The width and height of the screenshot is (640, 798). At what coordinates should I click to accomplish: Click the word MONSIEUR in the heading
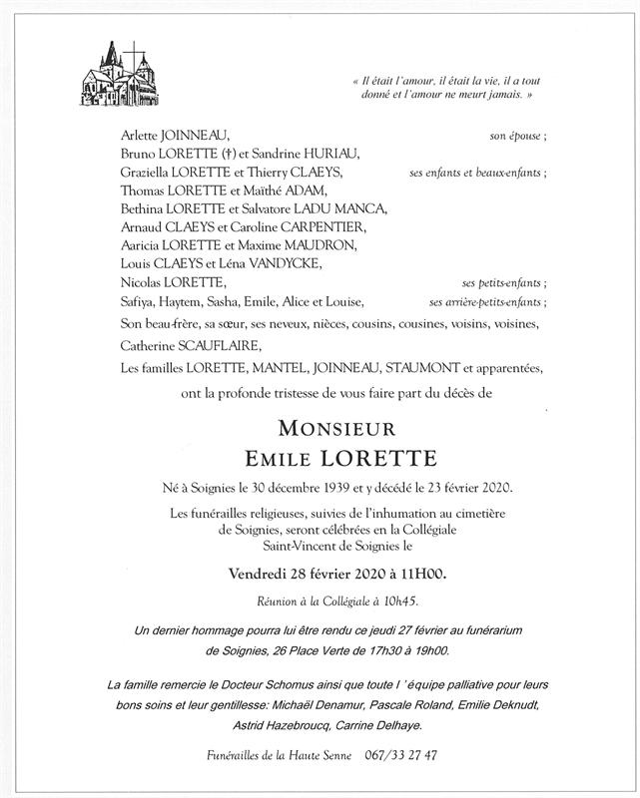pos(318,429)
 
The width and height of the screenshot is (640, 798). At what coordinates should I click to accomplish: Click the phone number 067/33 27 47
pos(393,756)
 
